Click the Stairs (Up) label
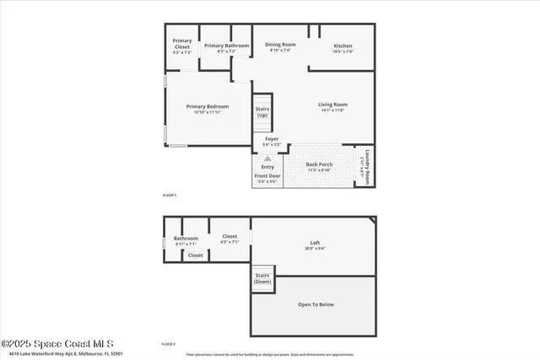[x=262, y=111]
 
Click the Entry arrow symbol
[x=268, y=158]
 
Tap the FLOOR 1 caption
[x=170, y=195]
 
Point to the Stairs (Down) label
[x=262, y=278]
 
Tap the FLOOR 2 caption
[x=170, y=344]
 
